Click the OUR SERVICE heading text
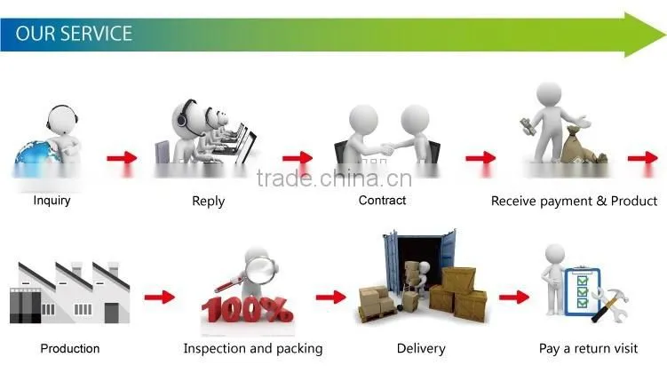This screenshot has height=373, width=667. [x=74, y=34]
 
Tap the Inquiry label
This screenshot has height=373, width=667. [x=52, y=201]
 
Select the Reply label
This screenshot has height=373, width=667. [x=209, y=202]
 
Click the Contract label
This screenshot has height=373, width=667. [x=382, y=200]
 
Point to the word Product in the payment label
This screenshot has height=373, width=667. [x=634, y=201]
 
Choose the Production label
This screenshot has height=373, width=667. [x=70, y=348]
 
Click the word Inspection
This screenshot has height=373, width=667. [x=214, y=349]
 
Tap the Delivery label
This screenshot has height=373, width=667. [x=421, y=348]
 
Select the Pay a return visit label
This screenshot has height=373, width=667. [x=588, y=349]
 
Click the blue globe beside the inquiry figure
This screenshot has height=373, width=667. [x=35, y=153]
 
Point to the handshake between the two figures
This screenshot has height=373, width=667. [x=386, y=149]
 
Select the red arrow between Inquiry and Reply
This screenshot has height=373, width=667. [x=122, y=158]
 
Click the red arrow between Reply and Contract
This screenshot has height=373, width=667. [x=298, y=158]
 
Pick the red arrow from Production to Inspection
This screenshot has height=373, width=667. [x=160, y=297]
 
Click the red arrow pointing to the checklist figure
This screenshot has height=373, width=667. [x=514, y=297]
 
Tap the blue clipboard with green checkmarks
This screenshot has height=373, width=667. [x=582, y=292]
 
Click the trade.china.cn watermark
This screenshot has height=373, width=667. [x=334, y=179]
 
